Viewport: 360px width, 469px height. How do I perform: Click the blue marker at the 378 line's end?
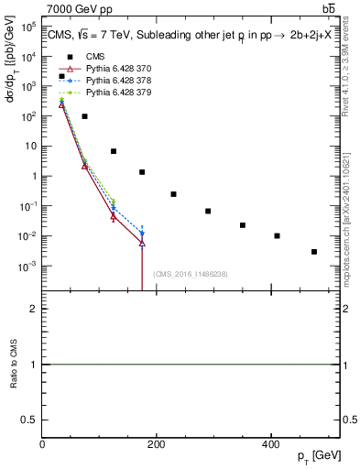[x=142, y=234]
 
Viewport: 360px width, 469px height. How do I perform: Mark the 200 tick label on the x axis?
[x=156, y=444]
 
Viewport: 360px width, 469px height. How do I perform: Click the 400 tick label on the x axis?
[x=269, y=444]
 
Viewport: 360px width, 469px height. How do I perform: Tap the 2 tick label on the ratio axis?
[x=34, y=310]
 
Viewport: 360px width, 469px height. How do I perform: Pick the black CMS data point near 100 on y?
[x=84, y=116]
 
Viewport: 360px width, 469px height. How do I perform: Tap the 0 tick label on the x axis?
[x=42, y=444]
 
